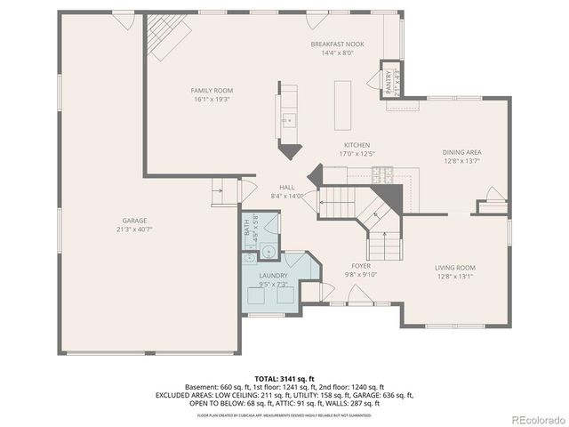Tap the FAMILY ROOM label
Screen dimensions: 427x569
212,91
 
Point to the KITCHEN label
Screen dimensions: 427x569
357,145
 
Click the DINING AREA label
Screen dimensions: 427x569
461,152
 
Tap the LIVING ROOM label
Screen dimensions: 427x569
454,268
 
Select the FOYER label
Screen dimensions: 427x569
361,265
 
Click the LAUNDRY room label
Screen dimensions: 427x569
273,276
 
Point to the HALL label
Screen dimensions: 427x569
287,187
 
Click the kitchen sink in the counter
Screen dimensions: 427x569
287,119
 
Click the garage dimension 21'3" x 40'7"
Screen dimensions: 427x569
135,229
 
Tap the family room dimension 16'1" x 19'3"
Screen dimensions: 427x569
212,99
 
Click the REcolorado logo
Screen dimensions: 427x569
534,419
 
